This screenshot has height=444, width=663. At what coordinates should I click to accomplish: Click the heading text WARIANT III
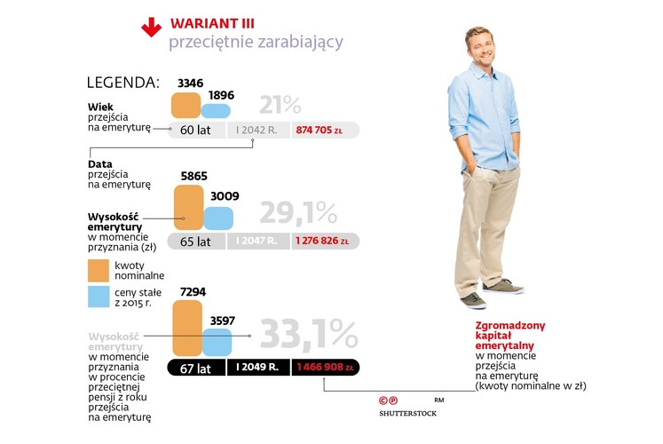pos(209,21)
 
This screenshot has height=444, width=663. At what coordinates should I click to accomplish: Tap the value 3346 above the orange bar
pos(190,83)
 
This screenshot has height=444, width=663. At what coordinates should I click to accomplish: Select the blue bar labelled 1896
pos(215,110)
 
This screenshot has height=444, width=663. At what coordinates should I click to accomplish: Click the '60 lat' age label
pos(194,130)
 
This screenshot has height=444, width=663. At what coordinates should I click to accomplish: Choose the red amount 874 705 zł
pos(324,130)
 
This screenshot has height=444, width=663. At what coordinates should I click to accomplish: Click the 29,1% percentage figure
pos(298,213)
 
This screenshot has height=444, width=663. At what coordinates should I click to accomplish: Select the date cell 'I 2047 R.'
pos(258,241)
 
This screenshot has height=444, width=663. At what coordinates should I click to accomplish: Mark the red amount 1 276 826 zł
pos(325,241)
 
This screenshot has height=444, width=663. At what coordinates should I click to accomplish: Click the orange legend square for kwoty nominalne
pos(99,270)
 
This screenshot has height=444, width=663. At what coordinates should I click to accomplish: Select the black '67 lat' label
pos(196,367)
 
